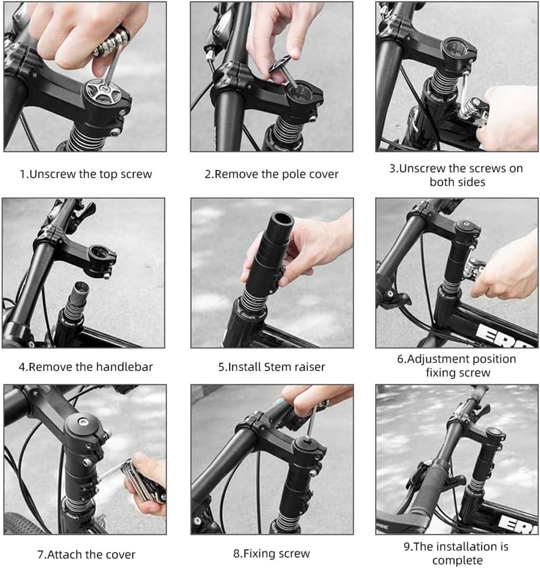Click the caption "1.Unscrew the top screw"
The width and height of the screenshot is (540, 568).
click(x=86, y=174)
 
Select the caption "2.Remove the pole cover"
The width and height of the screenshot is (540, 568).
click(x=272, y=174)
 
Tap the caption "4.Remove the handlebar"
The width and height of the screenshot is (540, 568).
click(x=86, y=366)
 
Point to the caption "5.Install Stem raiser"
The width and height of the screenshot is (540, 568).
click(x=272, y=366)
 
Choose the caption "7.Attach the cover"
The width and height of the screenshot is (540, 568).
click(x=86, y=554)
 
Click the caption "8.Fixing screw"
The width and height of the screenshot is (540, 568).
click(x=272, y=553)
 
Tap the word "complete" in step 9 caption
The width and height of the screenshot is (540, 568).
click(x=457, y=560)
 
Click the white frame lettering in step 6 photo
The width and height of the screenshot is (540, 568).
click(x=499, y=335)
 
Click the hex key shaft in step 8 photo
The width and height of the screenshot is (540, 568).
click(x=311, y=424)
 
